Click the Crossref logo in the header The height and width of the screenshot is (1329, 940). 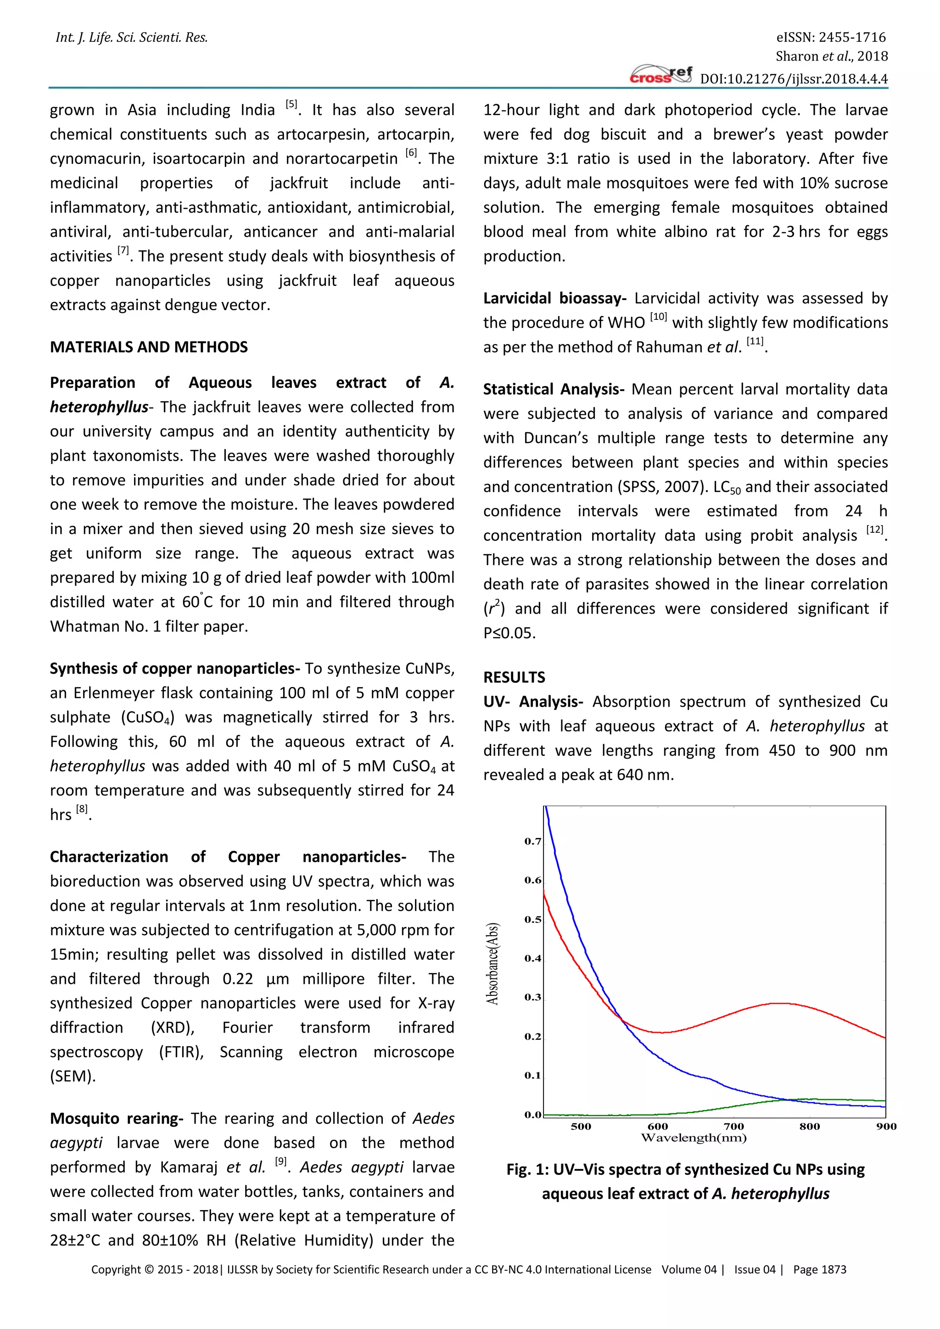click(660, 75)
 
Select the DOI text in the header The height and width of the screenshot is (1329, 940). click(794, 79)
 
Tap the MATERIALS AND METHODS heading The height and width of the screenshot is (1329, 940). click(149, 347)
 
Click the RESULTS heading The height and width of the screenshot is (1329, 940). click(514, 677)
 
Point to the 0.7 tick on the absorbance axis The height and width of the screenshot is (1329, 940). click(532, 842)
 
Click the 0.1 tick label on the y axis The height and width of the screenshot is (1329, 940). click(532, 1076)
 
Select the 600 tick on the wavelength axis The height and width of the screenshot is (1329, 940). click(658, 1127)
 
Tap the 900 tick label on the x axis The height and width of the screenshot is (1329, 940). click(885, 1127)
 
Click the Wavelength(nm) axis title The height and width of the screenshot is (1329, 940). click(694, 1138)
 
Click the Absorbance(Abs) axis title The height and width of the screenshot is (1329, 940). click(492, 963)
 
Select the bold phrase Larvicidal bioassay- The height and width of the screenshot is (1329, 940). click(554, 299)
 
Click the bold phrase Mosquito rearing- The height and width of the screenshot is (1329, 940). click(116, 1118)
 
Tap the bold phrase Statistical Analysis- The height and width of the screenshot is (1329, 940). click(554, 390)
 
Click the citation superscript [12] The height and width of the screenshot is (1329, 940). click(874, 530)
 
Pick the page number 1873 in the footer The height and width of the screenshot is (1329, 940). click(834, 1270)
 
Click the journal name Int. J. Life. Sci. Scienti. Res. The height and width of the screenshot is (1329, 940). click(131, 38)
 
